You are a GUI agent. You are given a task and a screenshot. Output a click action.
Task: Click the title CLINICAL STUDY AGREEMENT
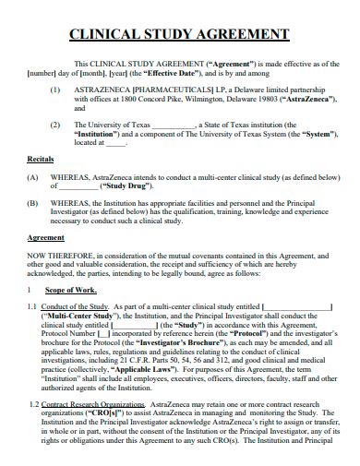coord(180,36)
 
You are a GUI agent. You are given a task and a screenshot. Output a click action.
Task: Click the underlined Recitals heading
coord(40,159)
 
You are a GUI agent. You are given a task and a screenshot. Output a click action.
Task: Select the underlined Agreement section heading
coord(43,237)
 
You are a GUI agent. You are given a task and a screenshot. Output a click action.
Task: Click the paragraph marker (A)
coord(33,175)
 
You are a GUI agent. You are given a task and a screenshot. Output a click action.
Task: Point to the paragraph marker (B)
coord(33,202)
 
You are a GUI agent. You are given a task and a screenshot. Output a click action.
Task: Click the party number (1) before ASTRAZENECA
coord(56,90)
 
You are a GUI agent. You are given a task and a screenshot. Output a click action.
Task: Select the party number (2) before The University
coord(56,124)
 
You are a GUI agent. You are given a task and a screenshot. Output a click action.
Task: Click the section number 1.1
coord(32,307)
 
